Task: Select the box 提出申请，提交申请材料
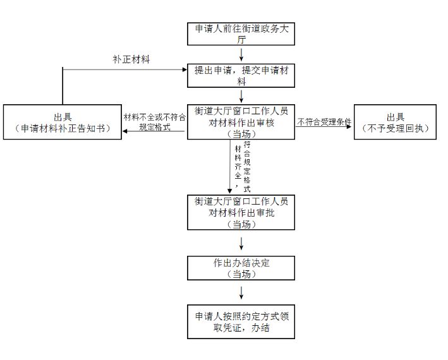pyautogui.click(x=241, y=76)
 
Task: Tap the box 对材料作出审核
pyautogui.click(x=241, y=122)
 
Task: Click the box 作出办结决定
pyautogui.click(x=241, y=268)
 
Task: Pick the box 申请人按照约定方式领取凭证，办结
pyautogui.click(x=241, y=323)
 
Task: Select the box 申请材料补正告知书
pyautogui.click(x=61, y=123)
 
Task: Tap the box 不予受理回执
pyautogui.click(x=396, y=123)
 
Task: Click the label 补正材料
pyautogui.click(x=131, y=59)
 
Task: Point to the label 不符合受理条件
pyautogui.click(x=324, y=121)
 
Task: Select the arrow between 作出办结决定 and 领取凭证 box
pyautogui.click(x=241, y=292)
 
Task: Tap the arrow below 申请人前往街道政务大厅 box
pyautogui.click(x=241, y=54)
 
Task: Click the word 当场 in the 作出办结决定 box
pyautogui.click(x=241, y=273)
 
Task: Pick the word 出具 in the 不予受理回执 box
pyautogui.click(x=396, y=117)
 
